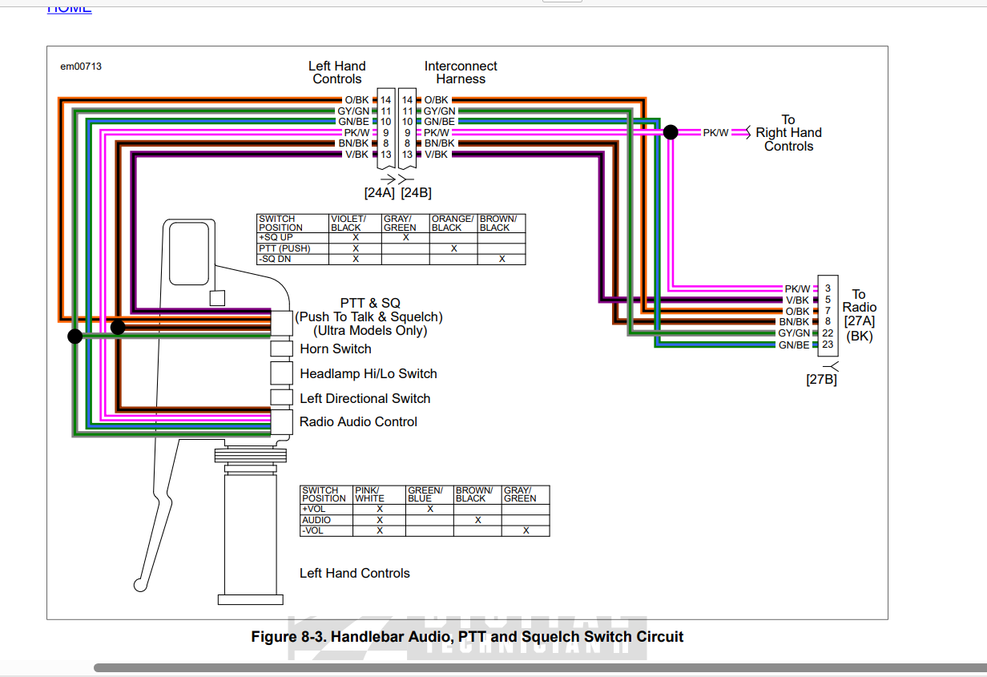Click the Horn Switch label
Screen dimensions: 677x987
(335, 349)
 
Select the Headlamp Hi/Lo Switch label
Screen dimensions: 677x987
(368, 374)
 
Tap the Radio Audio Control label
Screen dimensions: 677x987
(358, 422)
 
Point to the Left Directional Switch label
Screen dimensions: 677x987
(365, 399)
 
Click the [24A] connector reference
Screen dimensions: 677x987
(379, 193)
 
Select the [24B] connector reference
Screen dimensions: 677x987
(416, 193)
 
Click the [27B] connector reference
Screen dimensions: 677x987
(821, 380)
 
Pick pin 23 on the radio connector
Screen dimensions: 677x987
(828, 345)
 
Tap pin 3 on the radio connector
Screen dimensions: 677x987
(828, 288)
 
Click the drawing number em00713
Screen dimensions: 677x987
(81, 66)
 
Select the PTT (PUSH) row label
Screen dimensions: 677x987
(284, 248)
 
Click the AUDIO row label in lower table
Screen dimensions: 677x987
(316, 520)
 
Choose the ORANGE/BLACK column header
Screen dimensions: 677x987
(453, 223)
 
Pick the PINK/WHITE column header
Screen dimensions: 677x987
(370, 494)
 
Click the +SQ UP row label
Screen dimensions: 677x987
(275, 238)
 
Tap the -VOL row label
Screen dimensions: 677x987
(313, 530)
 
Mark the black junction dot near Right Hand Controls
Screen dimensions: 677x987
(671, 132)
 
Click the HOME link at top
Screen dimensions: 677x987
(69, 8)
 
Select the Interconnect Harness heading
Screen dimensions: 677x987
(461, 73)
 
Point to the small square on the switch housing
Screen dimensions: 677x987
(216, 298)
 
